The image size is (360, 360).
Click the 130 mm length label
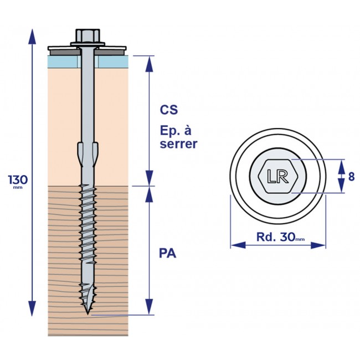click(x=18, y=180)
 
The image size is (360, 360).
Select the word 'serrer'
click(x=178, y=145)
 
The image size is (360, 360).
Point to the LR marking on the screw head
click(x=277, y=176)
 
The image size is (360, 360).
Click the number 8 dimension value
click(x=351, y=177)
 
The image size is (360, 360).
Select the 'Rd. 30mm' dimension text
click(x=280, y=237)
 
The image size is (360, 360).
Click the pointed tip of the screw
click(x=88, y=312)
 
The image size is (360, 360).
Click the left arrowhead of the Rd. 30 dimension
click(x=236, y=245)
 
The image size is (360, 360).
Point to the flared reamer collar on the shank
click(x=88, y=151)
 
